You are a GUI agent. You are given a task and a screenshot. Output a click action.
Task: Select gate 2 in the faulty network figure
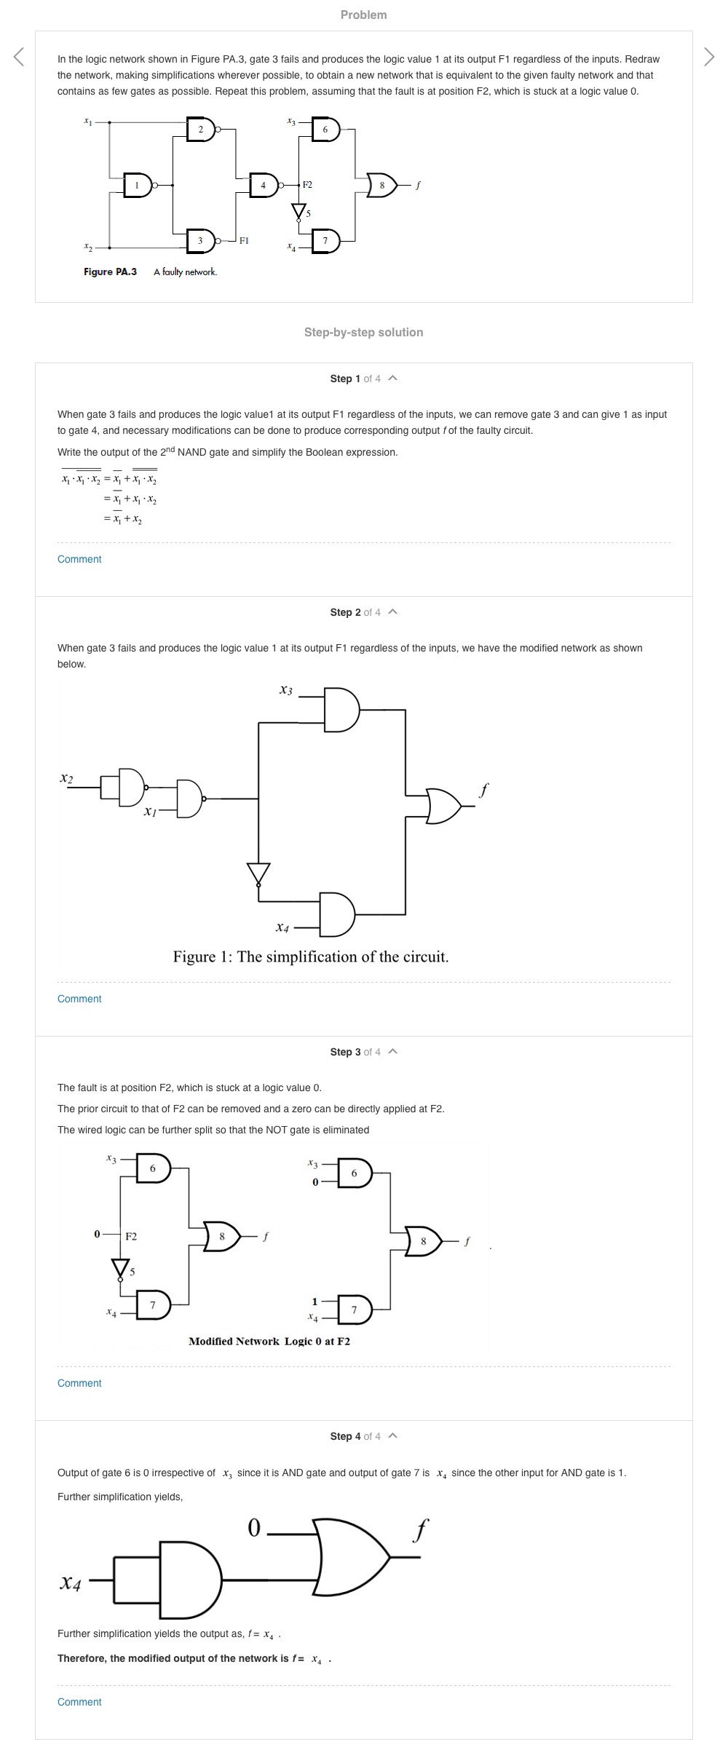pyautogui.click(x=199, y=130)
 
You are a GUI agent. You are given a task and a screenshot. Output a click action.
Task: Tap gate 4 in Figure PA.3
pyautogui.click(x=263, y=185)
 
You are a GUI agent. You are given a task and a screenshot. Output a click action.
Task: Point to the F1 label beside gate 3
pyautogui.click(x=244, y=240)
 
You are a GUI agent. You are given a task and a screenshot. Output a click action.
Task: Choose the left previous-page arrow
pyautogui.click(x=19, y=57)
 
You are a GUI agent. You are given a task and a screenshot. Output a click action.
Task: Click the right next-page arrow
pyautogui.click(x=709, y=57)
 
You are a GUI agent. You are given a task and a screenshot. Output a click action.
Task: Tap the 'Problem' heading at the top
pyautogui.click(x=363, y=15)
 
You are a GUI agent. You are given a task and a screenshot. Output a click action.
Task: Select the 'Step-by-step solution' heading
pyautogui.click(x=363, y=332)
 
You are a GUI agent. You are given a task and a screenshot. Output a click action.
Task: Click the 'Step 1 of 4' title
pyautogui.click(x=355, y=379)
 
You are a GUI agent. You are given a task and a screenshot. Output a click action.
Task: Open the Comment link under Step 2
pyautogui.click(x=79, y=999)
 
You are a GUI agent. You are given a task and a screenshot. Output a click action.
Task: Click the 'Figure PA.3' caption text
pyautogui.click(x=110, y=272)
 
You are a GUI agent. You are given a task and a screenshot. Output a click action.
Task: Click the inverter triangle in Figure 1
pyautogui.click(x=258, y=873)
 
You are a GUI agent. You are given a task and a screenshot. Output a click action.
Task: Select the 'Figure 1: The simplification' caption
pyautogui.click(x=311, y=956)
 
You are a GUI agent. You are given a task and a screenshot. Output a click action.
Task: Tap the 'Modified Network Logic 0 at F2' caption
pyautogui.click(x=269, y=1341)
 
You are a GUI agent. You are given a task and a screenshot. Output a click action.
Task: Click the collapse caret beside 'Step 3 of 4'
pyautogui.click(x=393, y=1051)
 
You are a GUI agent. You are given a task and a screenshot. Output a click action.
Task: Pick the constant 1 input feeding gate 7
pyautogui.click(x=315, y=1301)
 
